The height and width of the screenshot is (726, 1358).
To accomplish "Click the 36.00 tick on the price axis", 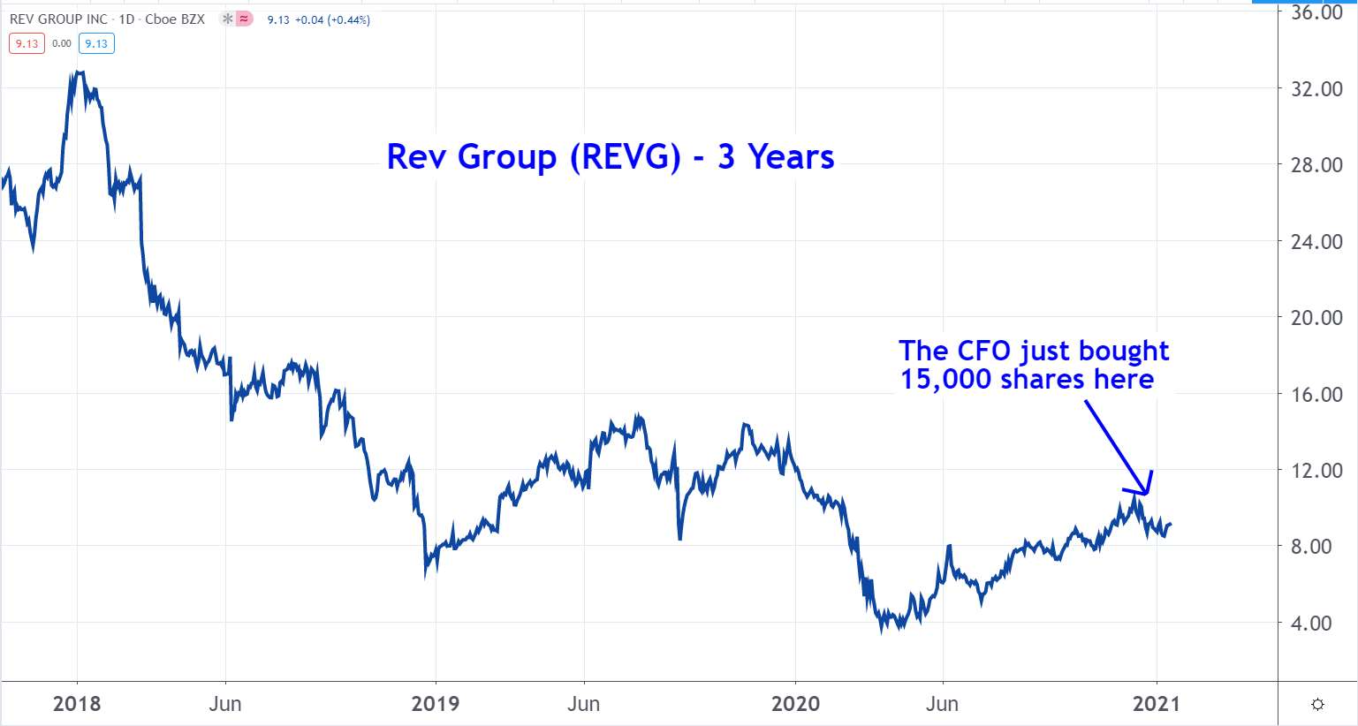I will click(x=1316, y=12).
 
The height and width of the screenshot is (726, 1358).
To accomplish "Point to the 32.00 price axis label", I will click(x=1316, y=88).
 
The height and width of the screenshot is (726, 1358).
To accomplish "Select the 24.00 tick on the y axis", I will click(x=1316, y=241).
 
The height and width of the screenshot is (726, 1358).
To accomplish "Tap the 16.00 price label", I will click(x=1316, y=394).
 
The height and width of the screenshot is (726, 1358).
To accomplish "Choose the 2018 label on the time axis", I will click(x=77, y=704).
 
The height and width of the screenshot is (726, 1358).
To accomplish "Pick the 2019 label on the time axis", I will click(x=436, y=704).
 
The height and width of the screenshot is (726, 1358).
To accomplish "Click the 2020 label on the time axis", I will click(x=795, y=704).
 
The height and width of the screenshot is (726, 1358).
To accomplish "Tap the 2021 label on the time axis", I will click(x=1156, y=704).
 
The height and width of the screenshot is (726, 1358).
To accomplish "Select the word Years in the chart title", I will click(x=791, y=157).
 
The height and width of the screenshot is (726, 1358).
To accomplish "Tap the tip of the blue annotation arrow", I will click(x=1147, y=494).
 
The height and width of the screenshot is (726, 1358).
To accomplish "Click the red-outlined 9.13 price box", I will click(x=27, y=43).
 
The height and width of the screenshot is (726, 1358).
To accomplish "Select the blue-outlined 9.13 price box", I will click(x=96, y=43).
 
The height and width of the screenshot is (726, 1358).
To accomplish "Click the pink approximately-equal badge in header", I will click(x=245, y=19).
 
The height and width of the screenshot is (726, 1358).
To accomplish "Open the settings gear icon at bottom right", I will click(x=1317, y=704).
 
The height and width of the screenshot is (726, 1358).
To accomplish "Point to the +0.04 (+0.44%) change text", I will click(x=331, y=19).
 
